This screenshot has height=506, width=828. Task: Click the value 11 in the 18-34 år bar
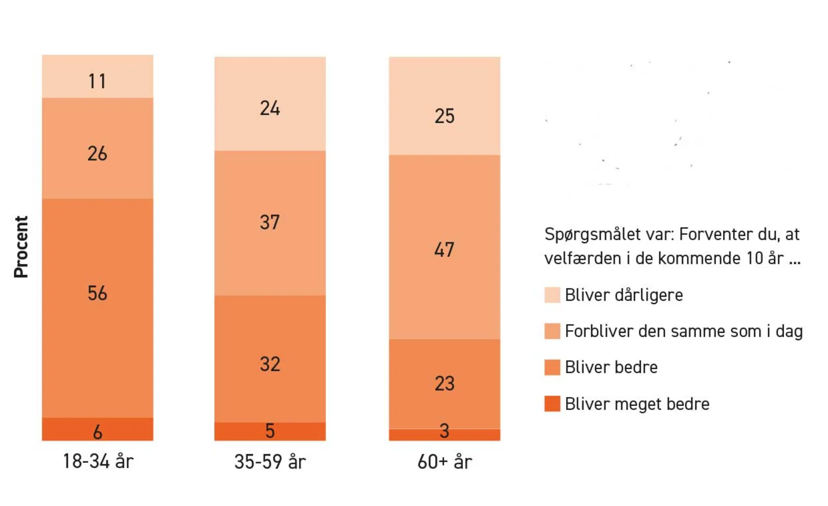(97, 81)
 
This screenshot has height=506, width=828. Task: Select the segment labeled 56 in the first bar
(97, 293)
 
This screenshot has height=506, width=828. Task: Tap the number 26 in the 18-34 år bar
(97, 154)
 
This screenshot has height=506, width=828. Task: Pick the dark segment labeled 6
(97, 431)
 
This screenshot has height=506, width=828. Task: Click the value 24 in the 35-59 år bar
(270, 108)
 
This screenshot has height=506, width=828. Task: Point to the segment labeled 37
(270, 222)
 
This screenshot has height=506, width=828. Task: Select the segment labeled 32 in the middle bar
(270, 364)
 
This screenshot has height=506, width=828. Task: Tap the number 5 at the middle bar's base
(270, 431)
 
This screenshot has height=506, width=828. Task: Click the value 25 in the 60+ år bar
(444, 116)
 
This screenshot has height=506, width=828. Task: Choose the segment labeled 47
(444, 249)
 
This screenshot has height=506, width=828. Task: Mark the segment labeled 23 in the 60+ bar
(444, 383)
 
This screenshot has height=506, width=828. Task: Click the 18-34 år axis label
(98, 461)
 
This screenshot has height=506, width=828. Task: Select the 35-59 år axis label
(270, 462)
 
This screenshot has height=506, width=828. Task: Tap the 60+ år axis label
(445, 462)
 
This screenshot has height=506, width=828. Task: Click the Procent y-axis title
(21, 247)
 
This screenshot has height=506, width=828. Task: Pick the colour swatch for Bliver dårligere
(552, 295)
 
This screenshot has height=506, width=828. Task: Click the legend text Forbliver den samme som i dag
(684, 331)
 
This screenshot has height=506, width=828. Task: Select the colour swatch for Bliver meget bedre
(552, 404)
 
